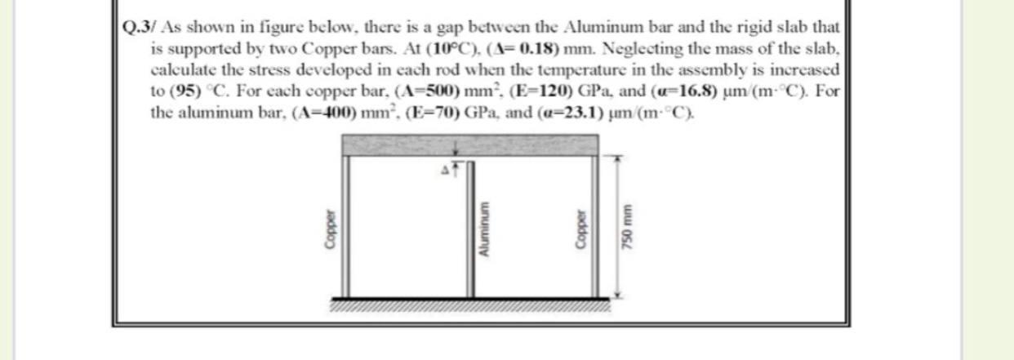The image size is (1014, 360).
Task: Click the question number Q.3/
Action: (x=134, y=24)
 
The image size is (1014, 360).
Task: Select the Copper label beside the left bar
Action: (x=330, y=237)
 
